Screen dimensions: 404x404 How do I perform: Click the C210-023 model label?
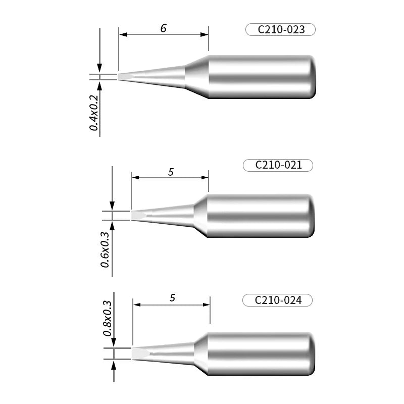(281, 30)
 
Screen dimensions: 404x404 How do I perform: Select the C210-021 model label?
(278, 165)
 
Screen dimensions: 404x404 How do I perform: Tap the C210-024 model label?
(278, 300)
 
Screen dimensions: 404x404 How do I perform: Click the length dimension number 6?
(163, 29)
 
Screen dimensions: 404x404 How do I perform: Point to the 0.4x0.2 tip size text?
(94, 112)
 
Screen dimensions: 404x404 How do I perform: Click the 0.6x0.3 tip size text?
(105, 249)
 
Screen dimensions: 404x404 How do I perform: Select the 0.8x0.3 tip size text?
(107, 318)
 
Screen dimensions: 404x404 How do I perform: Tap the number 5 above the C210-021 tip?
(171, 172)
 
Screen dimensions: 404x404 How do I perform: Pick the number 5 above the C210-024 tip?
(172, 298)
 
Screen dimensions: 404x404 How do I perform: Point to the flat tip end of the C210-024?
(138, 352)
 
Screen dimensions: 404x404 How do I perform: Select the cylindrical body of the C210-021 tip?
(261, 216)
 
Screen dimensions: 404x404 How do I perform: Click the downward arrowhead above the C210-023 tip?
(100, 69)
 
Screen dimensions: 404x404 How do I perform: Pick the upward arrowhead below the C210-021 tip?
(112, 226)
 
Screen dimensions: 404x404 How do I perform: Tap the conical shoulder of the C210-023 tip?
(197, 77)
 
